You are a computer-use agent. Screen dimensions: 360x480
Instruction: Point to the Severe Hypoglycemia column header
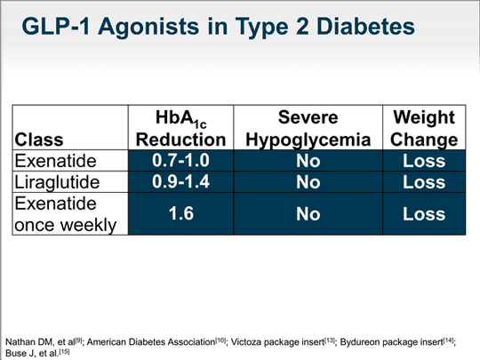pos(308,129)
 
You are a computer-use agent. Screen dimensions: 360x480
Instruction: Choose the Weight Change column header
pos(422,129)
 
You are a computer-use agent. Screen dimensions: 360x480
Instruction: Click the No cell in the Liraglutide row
pos(308,182)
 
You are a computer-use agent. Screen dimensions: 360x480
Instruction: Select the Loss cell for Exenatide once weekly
pos(422,214)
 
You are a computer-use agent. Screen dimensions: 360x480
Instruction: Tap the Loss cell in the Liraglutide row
pos(422,182)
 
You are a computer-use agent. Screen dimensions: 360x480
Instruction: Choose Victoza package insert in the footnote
pos(264,340)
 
